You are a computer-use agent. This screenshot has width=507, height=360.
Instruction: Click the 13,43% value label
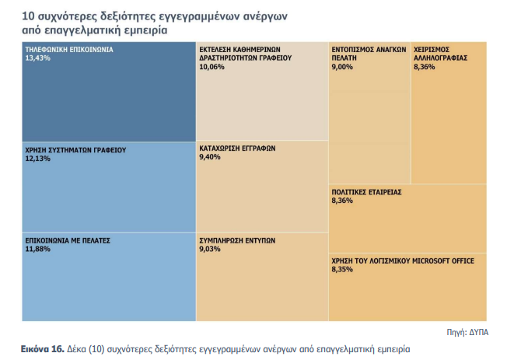tap(37, 58)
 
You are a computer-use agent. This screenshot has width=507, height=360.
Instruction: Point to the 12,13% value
tap(37, 159)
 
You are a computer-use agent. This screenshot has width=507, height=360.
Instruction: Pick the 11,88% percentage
tap(37, 250)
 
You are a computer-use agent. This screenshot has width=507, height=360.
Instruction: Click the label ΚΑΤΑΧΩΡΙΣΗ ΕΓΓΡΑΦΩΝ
tap(237, 148)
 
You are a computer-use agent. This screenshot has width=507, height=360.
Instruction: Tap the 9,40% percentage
tap(210, 157)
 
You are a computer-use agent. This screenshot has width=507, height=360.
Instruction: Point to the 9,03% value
tap(210, 250)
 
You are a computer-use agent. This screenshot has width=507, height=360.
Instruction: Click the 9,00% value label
tap(342, 68)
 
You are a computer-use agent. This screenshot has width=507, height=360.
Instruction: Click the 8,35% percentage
tap(342, 270)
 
